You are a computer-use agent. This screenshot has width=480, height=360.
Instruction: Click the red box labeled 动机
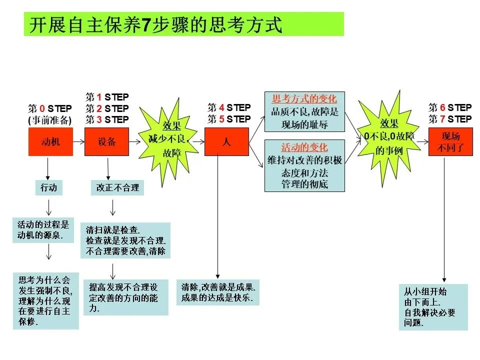point(50,142)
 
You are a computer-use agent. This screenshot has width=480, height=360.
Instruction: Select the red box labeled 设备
point(106,142)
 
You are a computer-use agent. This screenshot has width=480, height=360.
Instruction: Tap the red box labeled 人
point(226,142)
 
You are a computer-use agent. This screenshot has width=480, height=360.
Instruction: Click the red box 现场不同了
point(450,142)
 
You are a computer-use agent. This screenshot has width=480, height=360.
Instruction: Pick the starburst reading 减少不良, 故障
point(168,139)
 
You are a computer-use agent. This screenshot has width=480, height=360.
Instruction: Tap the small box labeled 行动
point(48,187)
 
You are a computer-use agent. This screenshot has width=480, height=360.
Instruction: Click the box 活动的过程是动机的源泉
point(43,229)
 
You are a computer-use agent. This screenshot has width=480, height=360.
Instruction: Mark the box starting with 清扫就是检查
point(125,240)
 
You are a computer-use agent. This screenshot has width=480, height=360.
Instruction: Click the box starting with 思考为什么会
point(45,300)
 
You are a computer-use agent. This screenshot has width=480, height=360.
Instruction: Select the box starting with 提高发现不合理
point(125,297)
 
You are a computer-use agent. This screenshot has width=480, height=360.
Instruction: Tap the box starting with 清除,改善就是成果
point(218,293)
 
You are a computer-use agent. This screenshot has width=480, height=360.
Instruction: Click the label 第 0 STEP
point(49,108)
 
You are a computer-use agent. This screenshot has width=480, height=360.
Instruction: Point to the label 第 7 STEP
point(450,119)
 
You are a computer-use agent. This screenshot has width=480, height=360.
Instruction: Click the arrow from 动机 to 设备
point(78,142)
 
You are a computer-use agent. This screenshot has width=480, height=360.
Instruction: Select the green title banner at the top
point(183,24)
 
